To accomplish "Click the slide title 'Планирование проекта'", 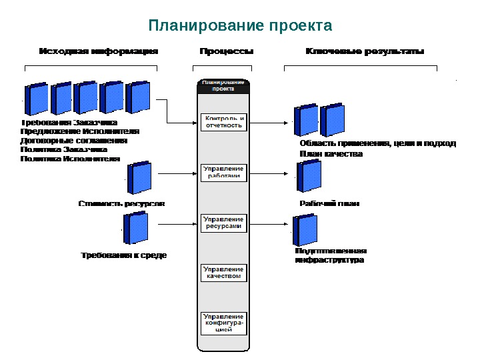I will pos(240,26).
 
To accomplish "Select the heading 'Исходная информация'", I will pos(99,51).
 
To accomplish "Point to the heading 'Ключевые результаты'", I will pos(365,51).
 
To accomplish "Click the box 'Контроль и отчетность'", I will pos(223,122).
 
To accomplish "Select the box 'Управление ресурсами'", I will pos(223,223).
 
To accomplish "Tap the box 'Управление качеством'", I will pos(223,273).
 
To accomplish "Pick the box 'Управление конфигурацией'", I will pos(223,323).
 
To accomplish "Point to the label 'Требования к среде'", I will pos(124,255).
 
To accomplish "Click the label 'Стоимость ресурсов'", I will pos(121,203).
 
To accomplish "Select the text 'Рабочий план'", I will pos(329,203).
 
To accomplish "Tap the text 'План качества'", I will pos(331,153).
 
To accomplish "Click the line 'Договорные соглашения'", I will pos(74,141).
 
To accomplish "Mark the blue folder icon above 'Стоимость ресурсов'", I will pos(140,178).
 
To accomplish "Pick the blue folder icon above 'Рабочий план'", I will pos(309,177).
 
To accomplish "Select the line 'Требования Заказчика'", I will pos(69,123).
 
